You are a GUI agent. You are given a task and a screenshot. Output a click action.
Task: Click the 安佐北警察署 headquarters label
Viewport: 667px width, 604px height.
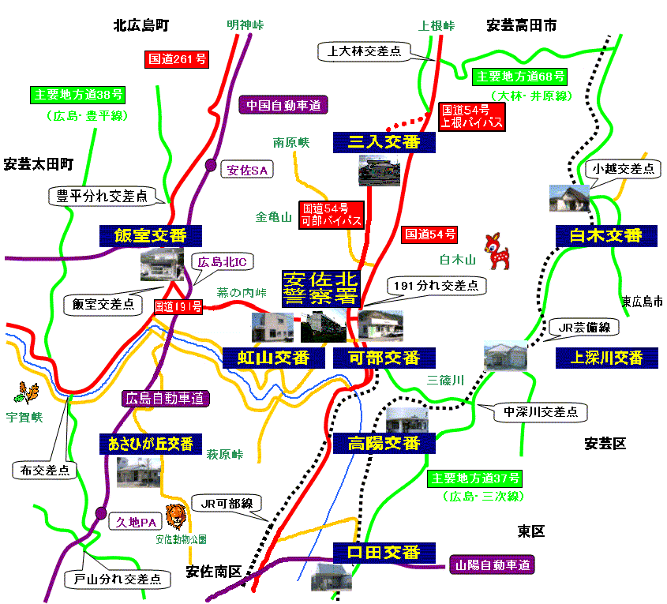(320, 288)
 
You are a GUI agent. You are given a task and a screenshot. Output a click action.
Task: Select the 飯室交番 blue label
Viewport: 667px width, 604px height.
(151, 236)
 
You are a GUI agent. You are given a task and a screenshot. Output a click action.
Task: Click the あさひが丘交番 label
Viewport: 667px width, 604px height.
(150, 444)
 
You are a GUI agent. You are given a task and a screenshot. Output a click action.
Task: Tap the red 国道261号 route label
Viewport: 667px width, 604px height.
(178, 58)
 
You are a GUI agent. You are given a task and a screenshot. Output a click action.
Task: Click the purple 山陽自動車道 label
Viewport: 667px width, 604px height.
(493, 565)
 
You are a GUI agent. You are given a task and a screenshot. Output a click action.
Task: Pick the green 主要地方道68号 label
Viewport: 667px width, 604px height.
(520, 77)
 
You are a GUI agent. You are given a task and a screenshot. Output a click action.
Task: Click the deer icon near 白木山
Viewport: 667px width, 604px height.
(500, 249)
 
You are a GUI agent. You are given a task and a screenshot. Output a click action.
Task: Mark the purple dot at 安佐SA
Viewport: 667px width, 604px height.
(211, 165)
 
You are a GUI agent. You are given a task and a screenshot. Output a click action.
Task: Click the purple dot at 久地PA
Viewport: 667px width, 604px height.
(100, 512)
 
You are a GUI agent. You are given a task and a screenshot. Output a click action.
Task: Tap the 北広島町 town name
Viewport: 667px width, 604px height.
(141, 25)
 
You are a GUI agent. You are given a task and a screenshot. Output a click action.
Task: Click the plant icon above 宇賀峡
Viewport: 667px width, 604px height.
(26, 392)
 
